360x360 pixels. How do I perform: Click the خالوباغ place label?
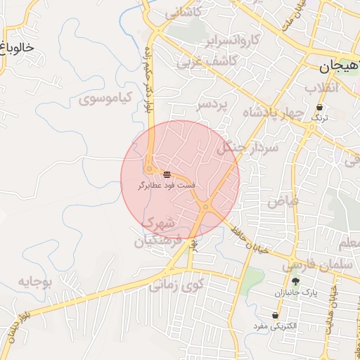(x=18, y=48)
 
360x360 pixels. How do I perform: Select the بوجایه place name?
(x=35, y=283)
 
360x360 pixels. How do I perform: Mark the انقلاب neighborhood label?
(x=322, y=87)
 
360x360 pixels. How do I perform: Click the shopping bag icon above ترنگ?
(x=320, y=108)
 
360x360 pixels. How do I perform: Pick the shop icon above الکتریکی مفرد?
(x=275, y=316)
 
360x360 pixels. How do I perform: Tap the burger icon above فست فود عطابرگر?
(x=167, y=174)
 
